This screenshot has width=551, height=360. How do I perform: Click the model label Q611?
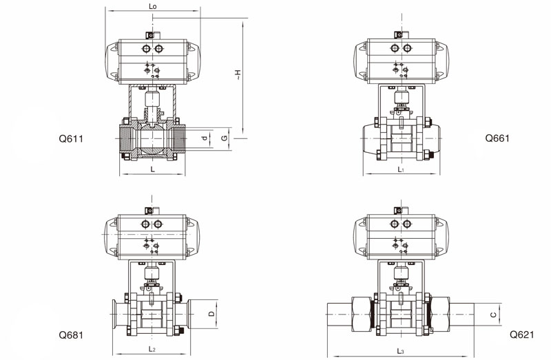coord(71,139)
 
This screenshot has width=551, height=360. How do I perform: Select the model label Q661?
coord(497,138)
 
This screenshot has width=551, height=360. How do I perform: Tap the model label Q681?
coord(71,335)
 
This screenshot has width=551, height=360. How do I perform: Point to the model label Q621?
coord(522,335)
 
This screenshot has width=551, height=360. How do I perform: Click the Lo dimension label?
coord(152,6)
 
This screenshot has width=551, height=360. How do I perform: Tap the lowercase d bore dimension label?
coord(205,138)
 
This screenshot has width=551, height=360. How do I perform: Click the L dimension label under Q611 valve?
coord(152,169)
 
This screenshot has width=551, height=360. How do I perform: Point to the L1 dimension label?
coord(401,169)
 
